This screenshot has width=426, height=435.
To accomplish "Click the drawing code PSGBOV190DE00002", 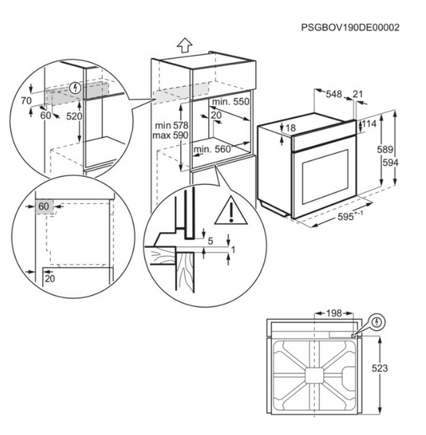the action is pyautogui.click(x=351, y=28).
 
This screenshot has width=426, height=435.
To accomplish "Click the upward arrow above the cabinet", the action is pyautogui.click(x=184, y=45).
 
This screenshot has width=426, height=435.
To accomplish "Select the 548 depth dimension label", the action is pyautogui.click(x=334, y=94).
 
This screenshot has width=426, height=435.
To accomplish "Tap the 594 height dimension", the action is pyautogui.click(x=390, y=162).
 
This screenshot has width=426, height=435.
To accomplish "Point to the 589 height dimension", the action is pyautogui.click(x=385, y=149).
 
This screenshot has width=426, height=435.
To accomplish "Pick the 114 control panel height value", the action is pyautogui.click(x=369, y=124).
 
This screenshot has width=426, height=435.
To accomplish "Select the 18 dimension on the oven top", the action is pyautogui.click(x=290, y=128).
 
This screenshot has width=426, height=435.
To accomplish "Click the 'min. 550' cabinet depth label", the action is pyautogui.click(x=231, y=101).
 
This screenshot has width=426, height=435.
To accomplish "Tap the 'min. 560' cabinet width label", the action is pyautogui.click(x=212, y=149).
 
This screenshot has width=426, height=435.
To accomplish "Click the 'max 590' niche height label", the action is pyautogui.click(x=171, y=136).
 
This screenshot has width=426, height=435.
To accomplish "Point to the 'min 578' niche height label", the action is pyautogui.click(x=171, y=125).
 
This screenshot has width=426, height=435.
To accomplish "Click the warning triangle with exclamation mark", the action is pyautogui.click(x=231, y=210).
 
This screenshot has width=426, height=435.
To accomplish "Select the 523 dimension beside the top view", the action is pyautogui.click(x=380, y=368).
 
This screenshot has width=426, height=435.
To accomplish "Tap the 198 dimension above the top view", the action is pyautogui.click(x=334, y=313).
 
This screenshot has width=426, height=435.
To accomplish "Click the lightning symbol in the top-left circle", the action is pyautogui.click(x=75, y=88).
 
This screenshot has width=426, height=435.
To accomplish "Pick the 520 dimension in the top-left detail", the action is pyautogui.click(x=74, y=116).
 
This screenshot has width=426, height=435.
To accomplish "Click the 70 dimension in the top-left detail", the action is pyautogui.click(x=26, y=101).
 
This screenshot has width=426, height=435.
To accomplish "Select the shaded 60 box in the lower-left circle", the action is pyautogui.click(x=44, y=207).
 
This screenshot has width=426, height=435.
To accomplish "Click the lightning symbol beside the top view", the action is pyautogui.click(x=377, y=322).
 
